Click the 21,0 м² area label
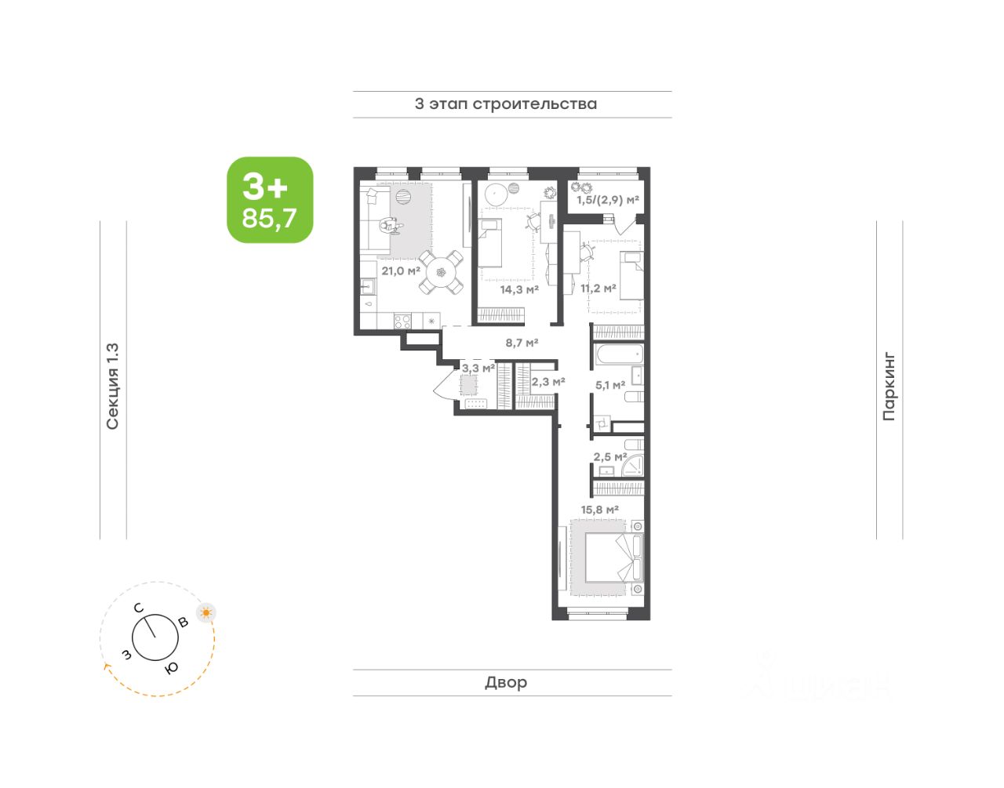pyautogui.click(x=401, y=270)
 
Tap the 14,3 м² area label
pyautogui.click(x=519, y=289)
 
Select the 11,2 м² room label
pyautogui.click(x=598, y=288)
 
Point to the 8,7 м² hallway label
pyautogui.click(x=522, y=343)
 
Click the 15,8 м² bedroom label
pyautogui.click(x=600, y=510)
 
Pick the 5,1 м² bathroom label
pyautogui.click(x=610, y=384)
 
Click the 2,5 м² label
pyautogui.click(x=610, y=456)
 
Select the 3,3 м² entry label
pyautogui.click(x=478, y=368)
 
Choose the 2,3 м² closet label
pyautogui.click(x=548, y=381)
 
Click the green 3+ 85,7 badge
pyautogui.click(x=270, y=200)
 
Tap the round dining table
pyautogui.click(x=441, y=272)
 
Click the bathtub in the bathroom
pyautogui.click(x=618, y=354)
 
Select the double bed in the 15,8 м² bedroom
pyautogui.click(x=613, y=557)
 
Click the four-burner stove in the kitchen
pyautogui.click(x=402, y=321)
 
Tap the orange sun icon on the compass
pyautogui.click(x=206, y=613)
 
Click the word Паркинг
pyautogui.click(x=889, y=387)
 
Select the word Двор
pyautogui.click(x=506, y=682)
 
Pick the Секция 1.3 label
pyautogui.click(x=113, y=387)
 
